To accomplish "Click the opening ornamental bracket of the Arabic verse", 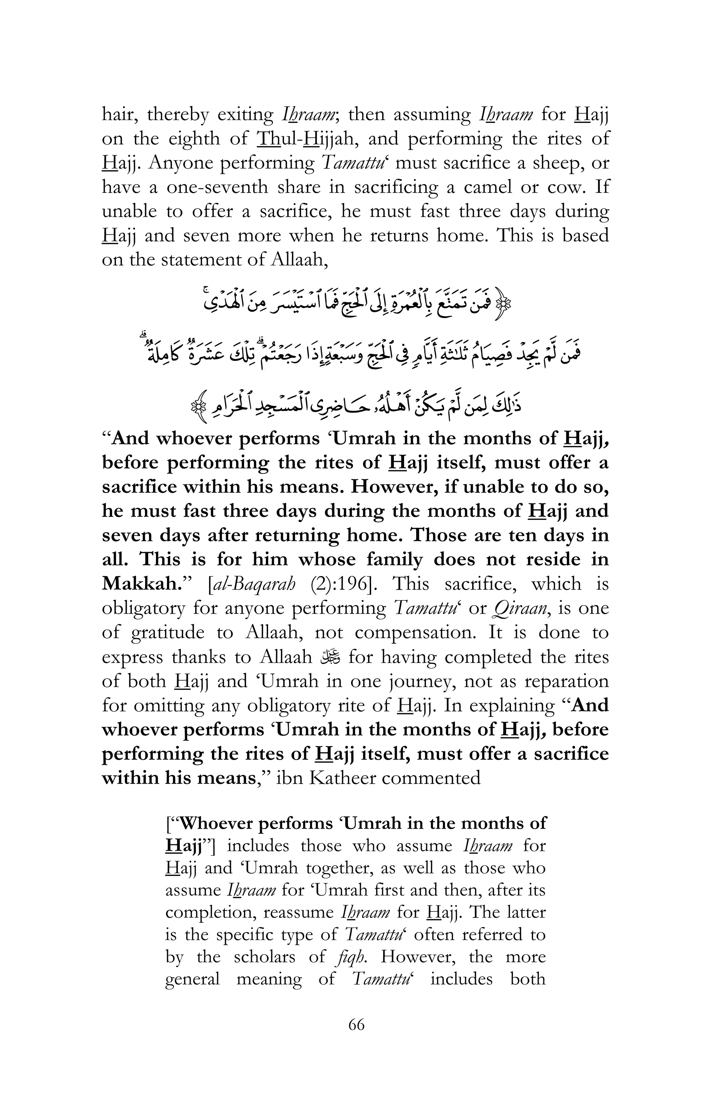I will pyautogui.click(x=505, y=304).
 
